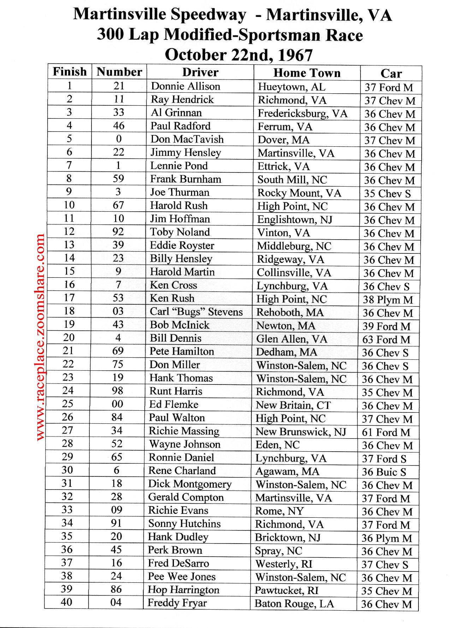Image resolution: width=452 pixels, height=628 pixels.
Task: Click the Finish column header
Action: (70, 72)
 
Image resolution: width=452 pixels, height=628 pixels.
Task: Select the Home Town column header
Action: (307, 73)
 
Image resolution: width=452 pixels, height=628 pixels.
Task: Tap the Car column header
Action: (391, 74)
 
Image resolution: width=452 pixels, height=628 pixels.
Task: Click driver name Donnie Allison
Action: (185, 86)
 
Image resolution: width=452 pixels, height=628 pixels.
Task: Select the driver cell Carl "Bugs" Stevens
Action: (196, 312)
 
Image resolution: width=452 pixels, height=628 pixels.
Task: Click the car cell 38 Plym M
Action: (388, 300)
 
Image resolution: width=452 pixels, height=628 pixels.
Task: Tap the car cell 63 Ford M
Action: (386, 340)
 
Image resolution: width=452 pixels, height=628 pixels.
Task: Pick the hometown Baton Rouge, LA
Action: (294, 603)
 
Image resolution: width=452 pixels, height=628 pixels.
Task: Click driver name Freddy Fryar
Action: (177, 603)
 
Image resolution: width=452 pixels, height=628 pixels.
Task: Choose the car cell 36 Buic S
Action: (384, 472)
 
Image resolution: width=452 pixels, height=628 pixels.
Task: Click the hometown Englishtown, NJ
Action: (295, 220)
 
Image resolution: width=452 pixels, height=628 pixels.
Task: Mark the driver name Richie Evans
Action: (178, 510)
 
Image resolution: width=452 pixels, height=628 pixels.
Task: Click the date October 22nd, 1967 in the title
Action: (239, 55)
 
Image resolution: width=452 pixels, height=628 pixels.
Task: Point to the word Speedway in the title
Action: (208, 15)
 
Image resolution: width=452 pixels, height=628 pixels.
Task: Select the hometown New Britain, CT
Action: (293, 405)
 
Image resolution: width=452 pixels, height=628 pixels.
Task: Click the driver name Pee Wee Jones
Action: (182, 576)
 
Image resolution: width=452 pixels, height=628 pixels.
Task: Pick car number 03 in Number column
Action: (118, 311)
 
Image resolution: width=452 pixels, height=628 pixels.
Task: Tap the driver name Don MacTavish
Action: (187, 139)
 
